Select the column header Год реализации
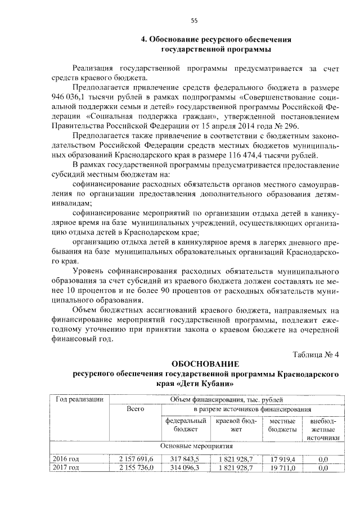point(79,399)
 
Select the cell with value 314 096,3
point(185,467)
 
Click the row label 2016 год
point(65,459)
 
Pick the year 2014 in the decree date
point(254,125)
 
